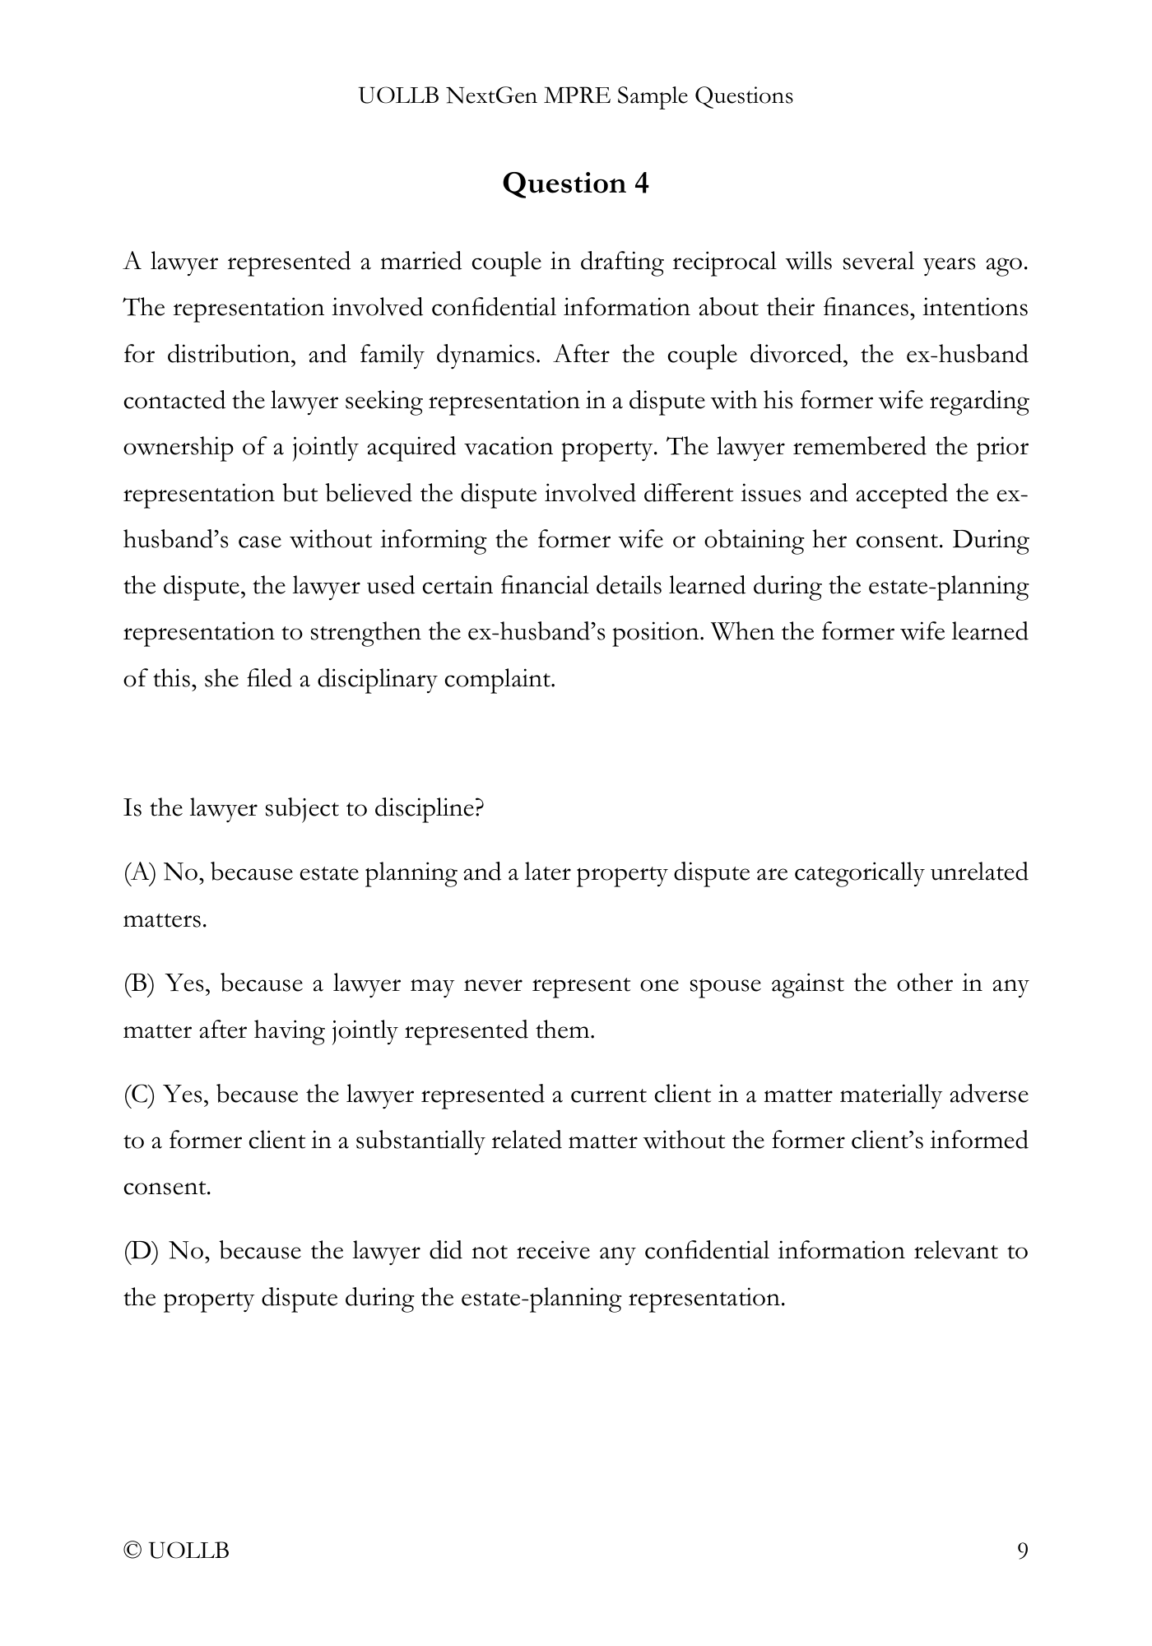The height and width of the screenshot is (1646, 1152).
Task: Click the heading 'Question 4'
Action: coord(575,183)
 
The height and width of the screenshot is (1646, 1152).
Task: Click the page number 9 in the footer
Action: coord(1022,1551)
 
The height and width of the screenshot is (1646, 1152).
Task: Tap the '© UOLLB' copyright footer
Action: coord(176,1551)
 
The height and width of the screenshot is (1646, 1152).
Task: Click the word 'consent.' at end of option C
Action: coord(167,1188)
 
